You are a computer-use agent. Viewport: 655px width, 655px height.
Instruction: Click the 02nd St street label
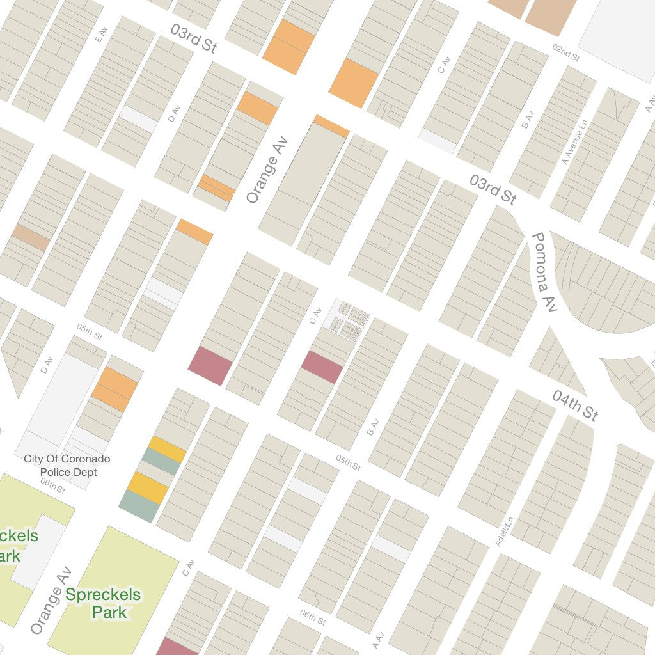pos(565,53)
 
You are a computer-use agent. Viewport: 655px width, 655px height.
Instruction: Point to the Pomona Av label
pos(544,272)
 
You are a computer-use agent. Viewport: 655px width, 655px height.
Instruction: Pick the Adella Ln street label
pos(503,531)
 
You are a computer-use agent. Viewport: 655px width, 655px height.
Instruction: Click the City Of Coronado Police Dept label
pos(67,465)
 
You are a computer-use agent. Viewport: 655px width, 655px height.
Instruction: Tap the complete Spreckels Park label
pos(103,603)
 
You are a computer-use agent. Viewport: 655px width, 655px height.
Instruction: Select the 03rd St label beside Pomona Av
pos(493,190)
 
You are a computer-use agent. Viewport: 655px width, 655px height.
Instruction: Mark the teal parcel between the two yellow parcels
pos(161,462)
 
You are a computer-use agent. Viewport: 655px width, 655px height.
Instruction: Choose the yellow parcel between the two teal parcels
pos(147,487)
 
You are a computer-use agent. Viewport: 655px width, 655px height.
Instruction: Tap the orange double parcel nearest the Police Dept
pos(114,389)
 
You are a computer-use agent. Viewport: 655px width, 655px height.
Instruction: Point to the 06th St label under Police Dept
pos(52,485)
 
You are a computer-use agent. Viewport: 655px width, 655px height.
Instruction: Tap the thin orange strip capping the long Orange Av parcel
pos(331,126)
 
